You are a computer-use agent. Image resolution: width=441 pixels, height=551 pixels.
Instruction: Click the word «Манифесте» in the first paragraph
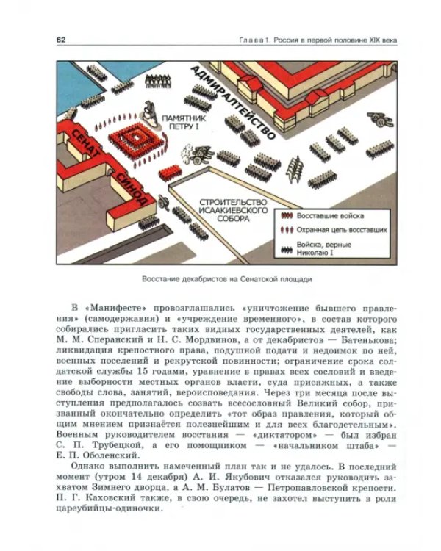click(x=118, y=306)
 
